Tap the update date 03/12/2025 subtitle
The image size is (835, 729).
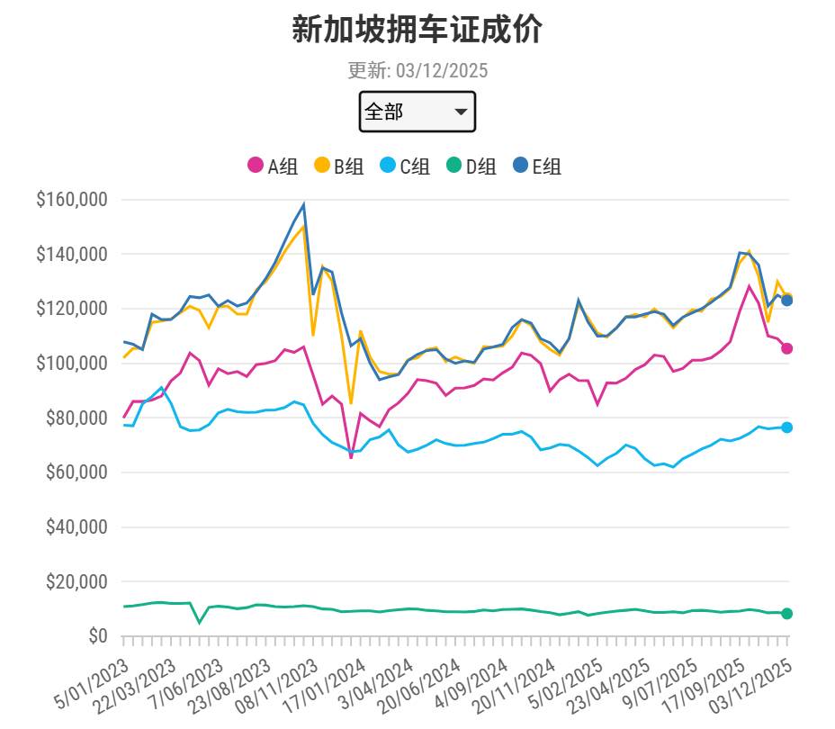point(417,71)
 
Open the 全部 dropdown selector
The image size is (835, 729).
point(417,112)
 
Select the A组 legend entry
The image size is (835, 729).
point(273,166)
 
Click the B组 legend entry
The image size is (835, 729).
point(338,166)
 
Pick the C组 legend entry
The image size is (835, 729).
point(404,166)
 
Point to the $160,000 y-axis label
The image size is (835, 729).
point(72,200)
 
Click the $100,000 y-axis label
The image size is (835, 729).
point(72,364)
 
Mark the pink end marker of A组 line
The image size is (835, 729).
point(786,348)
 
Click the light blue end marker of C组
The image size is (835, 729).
point(786,427)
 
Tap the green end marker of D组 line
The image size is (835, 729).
point(786,614)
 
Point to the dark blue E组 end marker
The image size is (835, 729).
point(786,301)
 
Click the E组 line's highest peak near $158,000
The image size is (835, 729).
point(304,204)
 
